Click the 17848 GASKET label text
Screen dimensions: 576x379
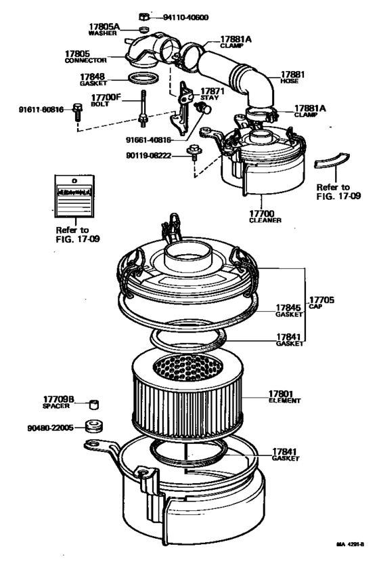[95, 80]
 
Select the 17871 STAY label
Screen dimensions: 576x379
[208, 94]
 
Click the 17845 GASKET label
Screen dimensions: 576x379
[288, 310]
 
